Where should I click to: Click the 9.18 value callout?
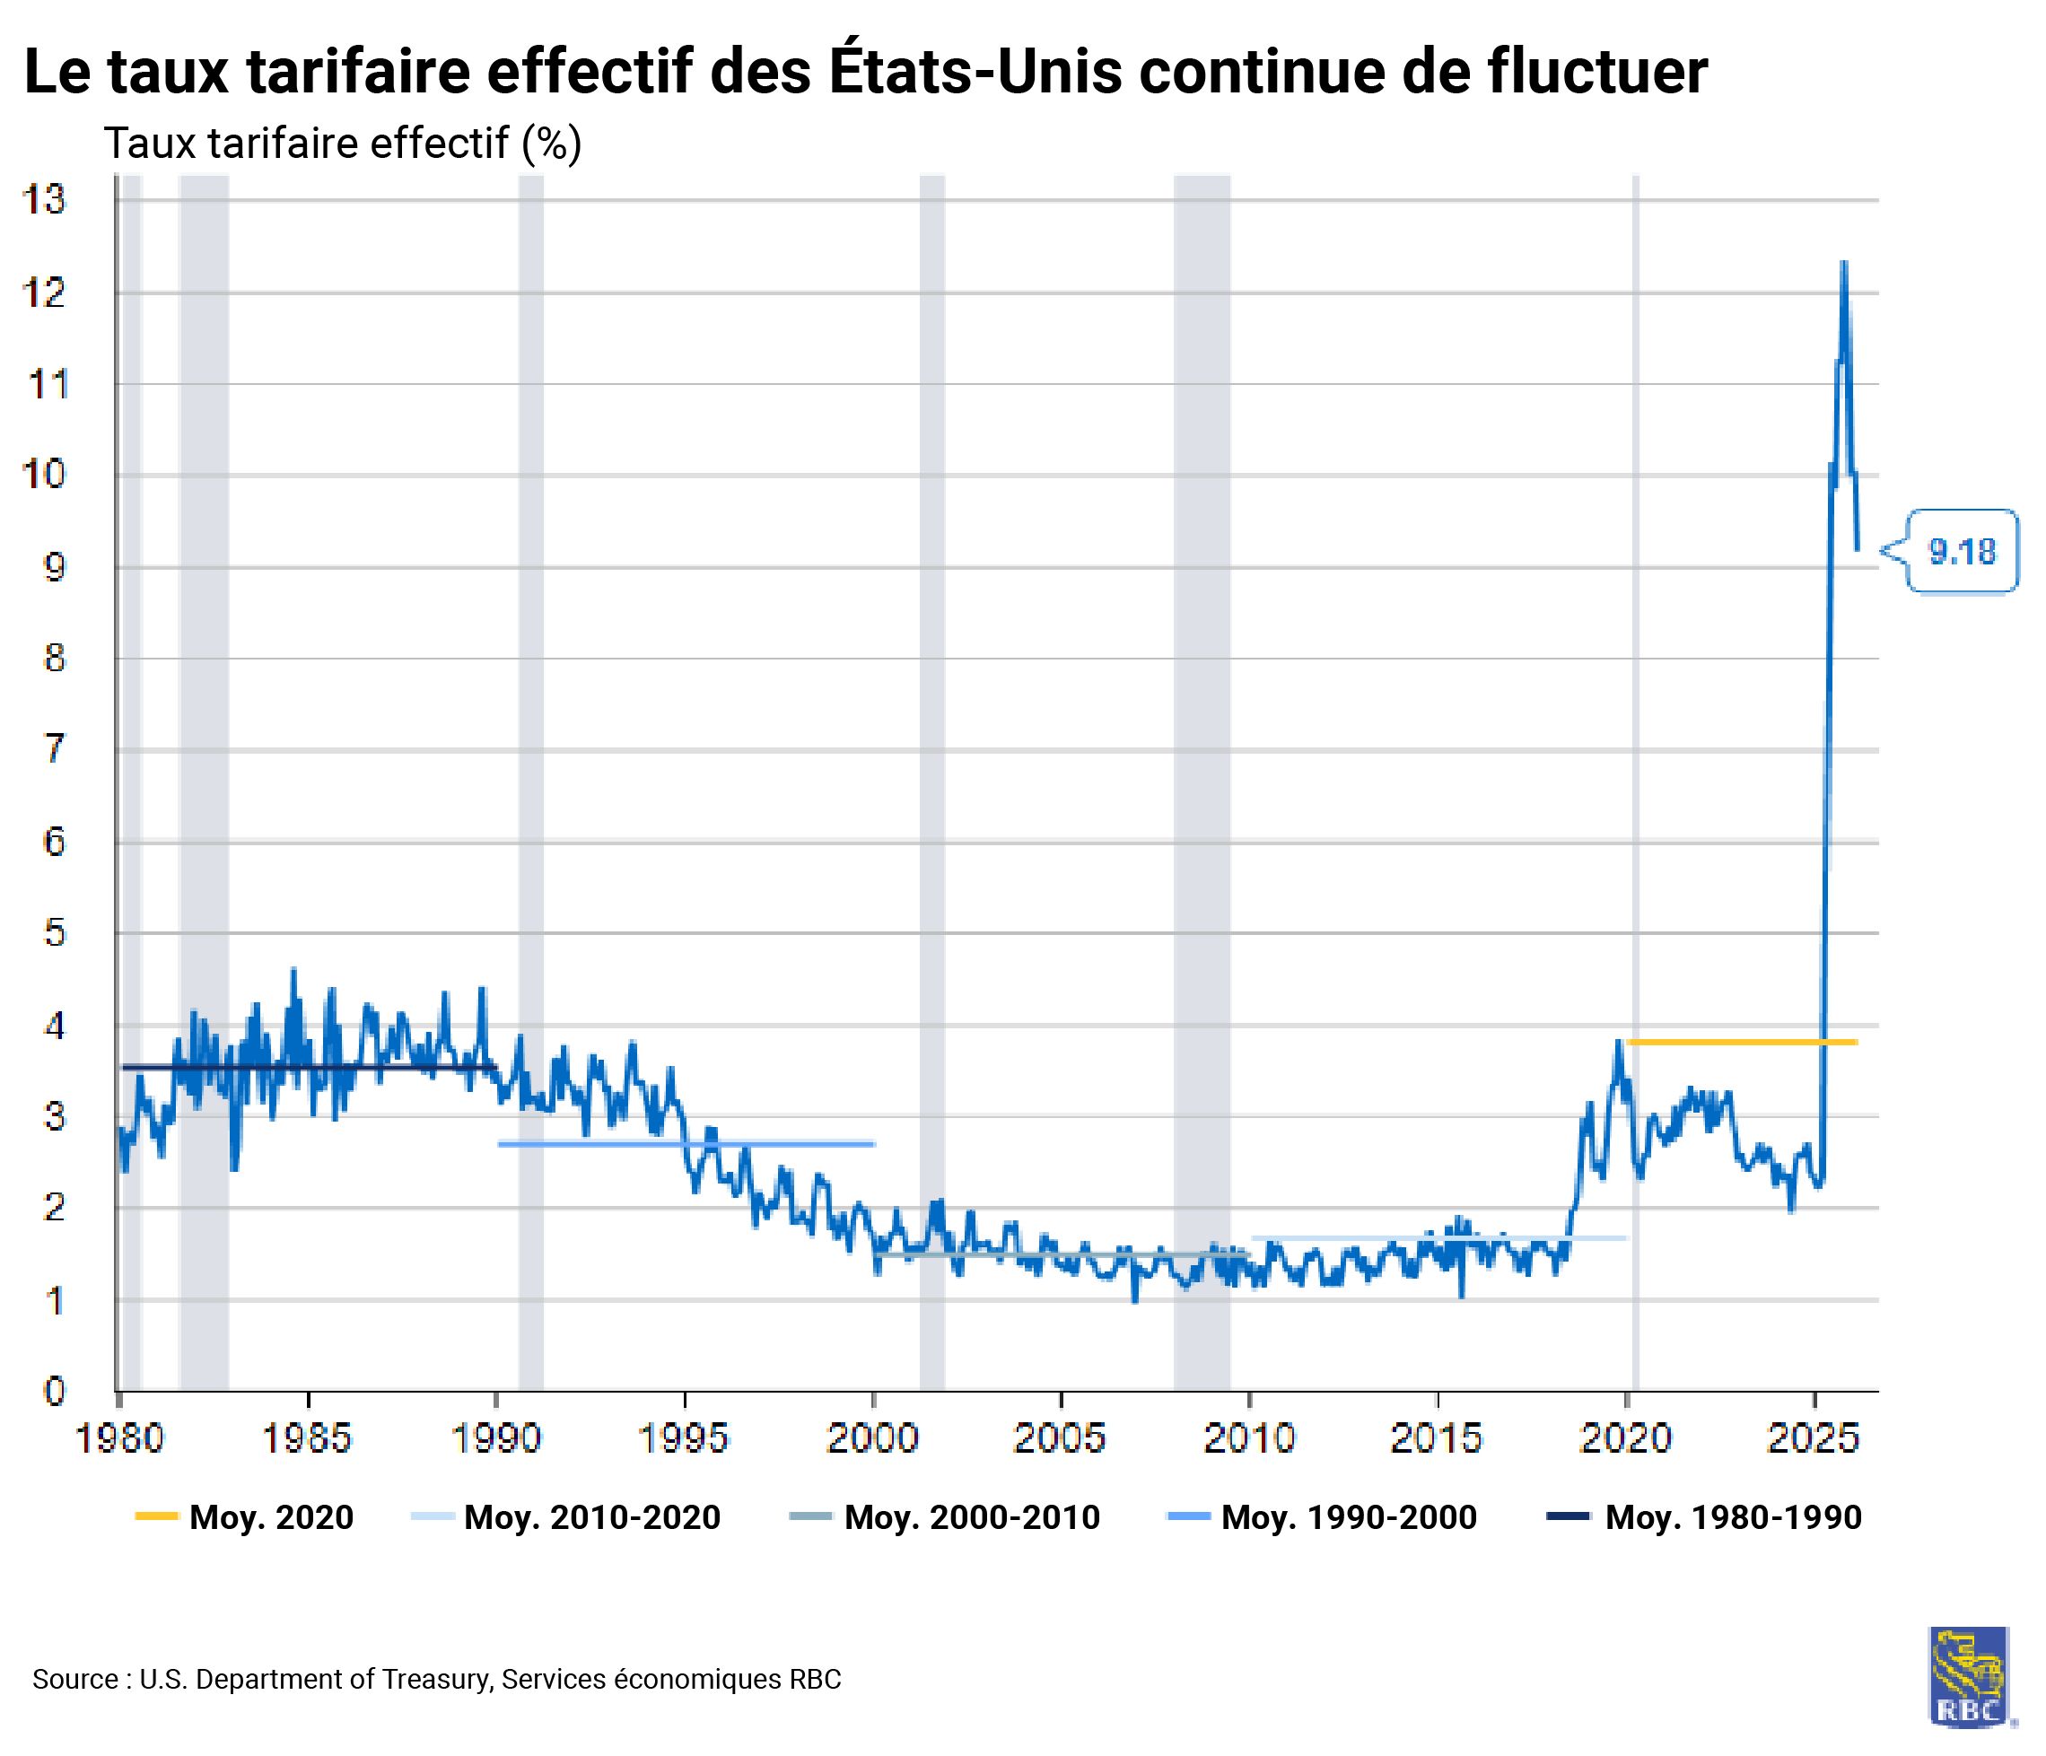click(1960, 551)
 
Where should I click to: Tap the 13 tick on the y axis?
click(45, 200)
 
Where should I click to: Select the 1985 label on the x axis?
click(307, 1439)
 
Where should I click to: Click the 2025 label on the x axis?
click(1813, 1439)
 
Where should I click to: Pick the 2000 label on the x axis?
click(872, 1439)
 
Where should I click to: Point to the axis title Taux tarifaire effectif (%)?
click(343, 144)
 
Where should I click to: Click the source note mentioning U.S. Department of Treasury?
click(436, 1679)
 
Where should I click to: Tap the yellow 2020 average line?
click(1742, 1042)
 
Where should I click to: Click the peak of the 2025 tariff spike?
click(1843, 263)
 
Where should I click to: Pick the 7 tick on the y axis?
click(55, 749)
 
